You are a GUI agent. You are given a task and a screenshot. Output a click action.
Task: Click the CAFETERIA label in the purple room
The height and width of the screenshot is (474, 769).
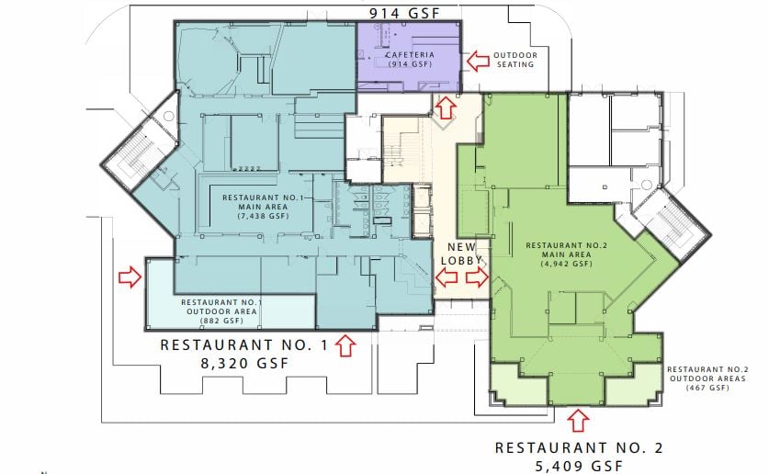click(x=410, y=55)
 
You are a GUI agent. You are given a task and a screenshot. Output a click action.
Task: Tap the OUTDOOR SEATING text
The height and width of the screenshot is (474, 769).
click(x=515, y=60)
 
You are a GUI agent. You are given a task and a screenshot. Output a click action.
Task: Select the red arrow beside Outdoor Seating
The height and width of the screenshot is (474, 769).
click(x=478, y=61)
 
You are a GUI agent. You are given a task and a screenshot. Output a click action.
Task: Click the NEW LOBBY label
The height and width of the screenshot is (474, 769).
click(x=461, y=254)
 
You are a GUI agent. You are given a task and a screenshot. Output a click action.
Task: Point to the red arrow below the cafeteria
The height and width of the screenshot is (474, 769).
click(x=446, y=107)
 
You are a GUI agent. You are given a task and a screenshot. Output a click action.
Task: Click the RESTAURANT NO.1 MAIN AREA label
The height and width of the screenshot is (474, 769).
click(x=263, y=202)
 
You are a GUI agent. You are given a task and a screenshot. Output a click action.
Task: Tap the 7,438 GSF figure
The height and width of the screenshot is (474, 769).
click(x=263, y=216)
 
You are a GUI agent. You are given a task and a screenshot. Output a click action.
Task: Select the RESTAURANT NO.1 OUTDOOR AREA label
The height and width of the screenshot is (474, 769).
click(x=221, y=307)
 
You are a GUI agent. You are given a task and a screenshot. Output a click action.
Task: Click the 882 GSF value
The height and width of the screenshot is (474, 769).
click(x=221, y=321)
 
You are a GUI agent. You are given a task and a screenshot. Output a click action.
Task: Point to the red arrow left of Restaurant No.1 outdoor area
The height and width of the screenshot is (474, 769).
click(x=130, y=276)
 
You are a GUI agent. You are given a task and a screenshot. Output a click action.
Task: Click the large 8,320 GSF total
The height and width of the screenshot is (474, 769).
click(x=244, y=364)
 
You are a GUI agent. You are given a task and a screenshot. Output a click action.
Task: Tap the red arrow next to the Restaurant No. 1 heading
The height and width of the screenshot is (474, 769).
click(x=345, y=345)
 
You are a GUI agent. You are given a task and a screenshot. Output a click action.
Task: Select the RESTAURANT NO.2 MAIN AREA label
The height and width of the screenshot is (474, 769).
click(x=567, y=250)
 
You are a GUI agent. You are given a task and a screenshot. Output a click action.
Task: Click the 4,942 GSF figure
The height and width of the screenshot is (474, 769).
click(x=567, y=264)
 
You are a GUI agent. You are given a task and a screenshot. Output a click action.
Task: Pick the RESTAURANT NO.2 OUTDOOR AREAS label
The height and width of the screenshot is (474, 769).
click(x=707, y=374)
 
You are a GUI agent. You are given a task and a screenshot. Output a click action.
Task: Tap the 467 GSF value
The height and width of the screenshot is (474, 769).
click(x=707, y=388)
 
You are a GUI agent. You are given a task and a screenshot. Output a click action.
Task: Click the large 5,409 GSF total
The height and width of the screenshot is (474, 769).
click(x=579, y=466)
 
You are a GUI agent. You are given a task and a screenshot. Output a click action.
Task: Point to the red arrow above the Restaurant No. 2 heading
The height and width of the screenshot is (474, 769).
click(x=579, y=420)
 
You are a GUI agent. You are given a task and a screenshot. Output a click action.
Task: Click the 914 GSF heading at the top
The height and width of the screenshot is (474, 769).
click(x=404, y=13)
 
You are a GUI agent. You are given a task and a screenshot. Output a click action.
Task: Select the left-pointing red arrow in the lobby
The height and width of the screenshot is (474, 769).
click(x=447, y=277)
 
